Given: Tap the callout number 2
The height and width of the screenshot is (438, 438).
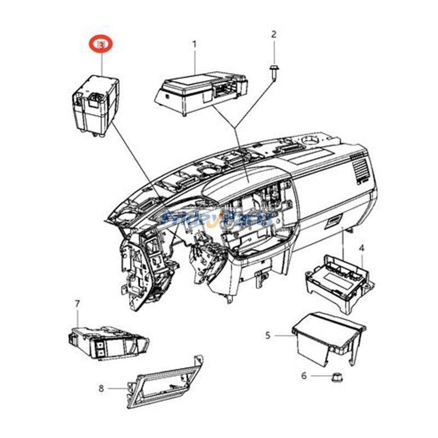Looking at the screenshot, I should click(x=274, y=34).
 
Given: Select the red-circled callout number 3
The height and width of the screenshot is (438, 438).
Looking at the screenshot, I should click(x=101, y=45).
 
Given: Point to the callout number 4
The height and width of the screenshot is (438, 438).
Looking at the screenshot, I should click(x=361, y=249).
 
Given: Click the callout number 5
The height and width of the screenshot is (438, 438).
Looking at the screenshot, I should click(x=268, y=335).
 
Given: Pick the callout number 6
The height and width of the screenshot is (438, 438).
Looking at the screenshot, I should click(x=304, y=376).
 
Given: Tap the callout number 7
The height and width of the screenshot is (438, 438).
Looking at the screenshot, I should click(x=77, y=303).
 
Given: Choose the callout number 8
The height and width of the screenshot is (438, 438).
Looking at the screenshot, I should click(x=101, y=388).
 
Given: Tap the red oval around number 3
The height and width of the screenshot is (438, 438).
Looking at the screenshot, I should click(x=101, y=45).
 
